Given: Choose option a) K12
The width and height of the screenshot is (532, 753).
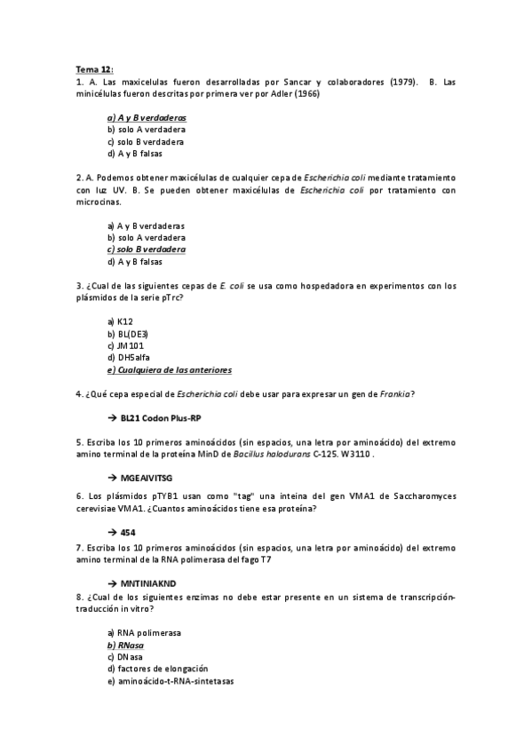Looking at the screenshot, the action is (120, 321).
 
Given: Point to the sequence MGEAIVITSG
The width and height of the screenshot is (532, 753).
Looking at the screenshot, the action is (147, 478).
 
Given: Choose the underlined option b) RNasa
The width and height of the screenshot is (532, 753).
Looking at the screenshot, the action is (125, 645).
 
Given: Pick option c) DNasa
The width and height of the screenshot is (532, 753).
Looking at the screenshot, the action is (124, 656).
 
